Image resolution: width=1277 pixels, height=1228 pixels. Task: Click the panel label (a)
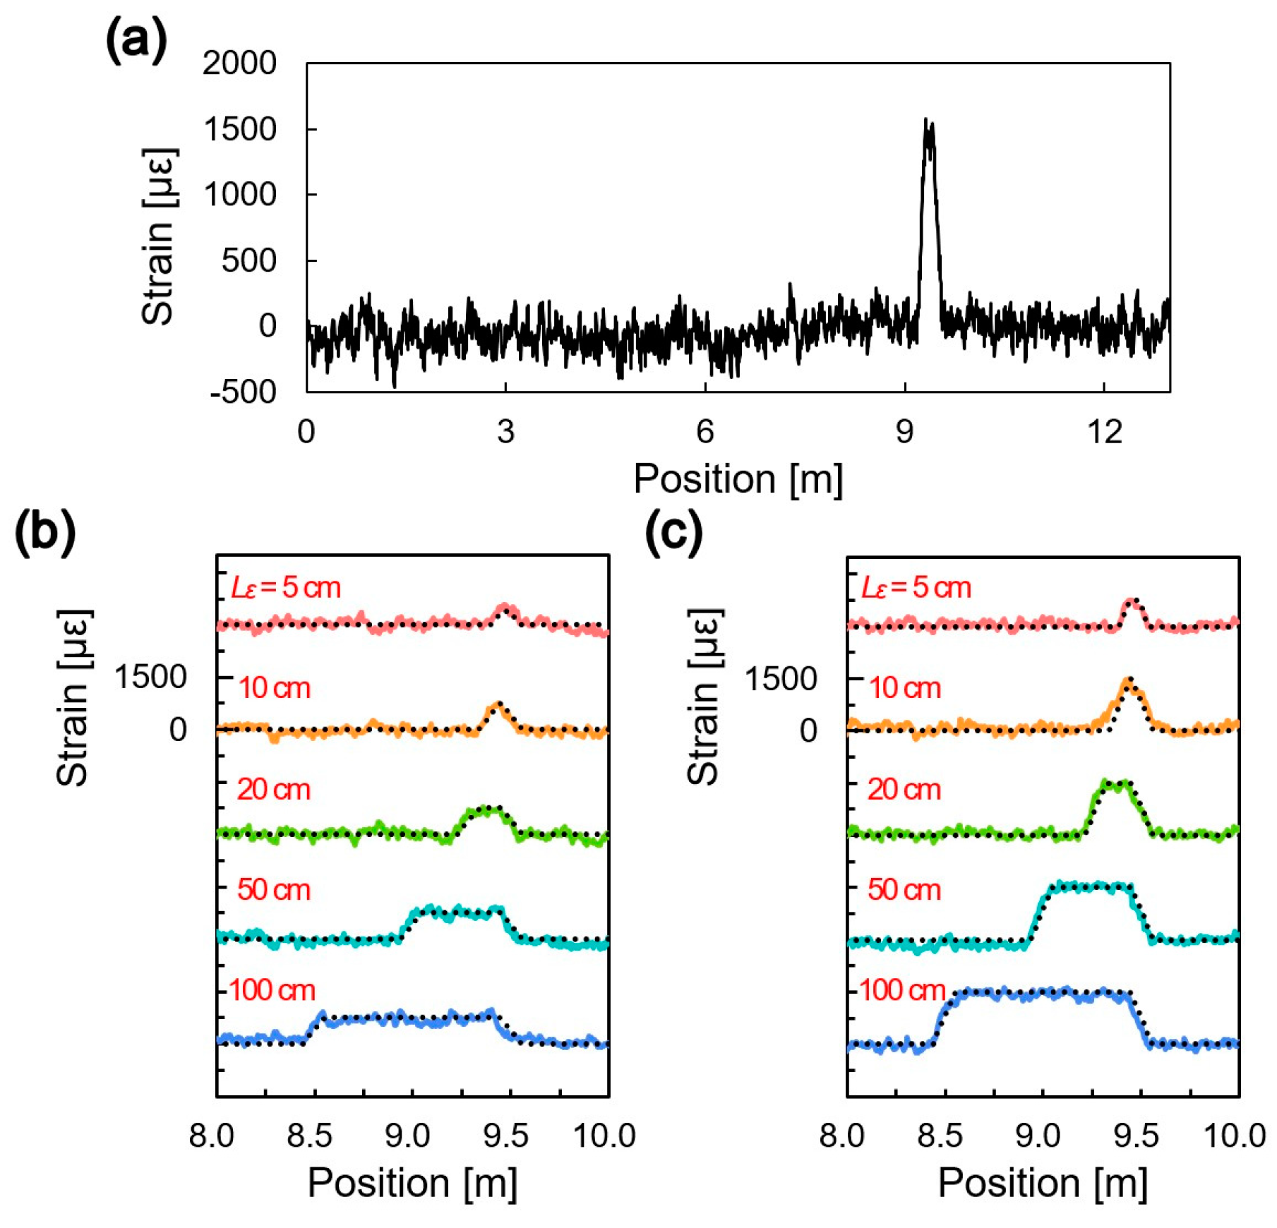tap(136, 40)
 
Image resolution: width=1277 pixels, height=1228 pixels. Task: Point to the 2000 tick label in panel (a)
tap(239, 63)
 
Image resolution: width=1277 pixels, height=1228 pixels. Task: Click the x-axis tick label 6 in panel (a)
tap(705, 431)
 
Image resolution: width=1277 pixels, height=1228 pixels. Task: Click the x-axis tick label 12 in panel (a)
tap(1104, 431)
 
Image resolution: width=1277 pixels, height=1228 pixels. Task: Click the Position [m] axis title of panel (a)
tap(738, 479)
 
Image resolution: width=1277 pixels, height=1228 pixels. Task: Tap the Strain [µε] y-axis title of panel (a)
tap(159, 236)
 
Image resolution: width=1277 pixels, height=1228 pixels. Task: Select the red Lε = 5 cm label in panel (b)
tap(286, 587)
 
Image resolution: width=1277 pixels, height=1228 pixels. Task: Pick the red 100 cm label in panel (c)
tap(901, 990)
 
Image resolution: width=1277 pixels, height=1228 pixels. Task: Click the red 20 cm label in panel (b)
tap(273, 789)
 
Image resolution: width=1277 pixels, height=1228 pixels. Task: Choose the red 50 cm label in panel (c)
tap(904, 889)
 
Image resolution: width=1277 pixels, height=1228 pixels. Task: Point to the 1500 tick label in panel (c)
tap(781, 679)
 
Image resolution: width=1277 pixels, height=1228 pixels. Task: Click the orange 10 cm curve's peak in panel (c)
tap(1129, 682)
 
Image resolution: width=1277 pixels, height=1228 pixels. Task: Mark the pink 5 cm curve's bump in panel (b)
tap(505, 608)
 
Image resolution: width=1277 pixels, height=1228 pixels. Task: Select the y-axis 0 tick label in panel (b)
tap(178, 729)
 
